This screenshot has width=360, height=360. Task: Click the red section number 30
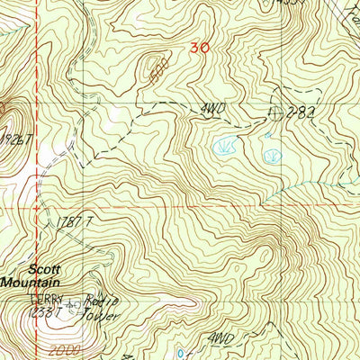click(200, 49)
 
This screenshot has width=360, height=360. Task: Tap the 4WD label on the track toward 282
click(211, 110)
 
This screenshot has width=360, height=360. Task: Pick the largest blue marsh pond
click(221, 144)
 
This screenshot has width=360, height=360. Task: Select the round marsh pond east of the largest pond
click(271, 156)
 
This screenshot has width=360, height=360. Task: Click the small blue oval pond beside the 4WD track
click(183, 352)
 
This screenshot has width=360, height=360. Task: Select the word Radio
click(98, 303)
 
